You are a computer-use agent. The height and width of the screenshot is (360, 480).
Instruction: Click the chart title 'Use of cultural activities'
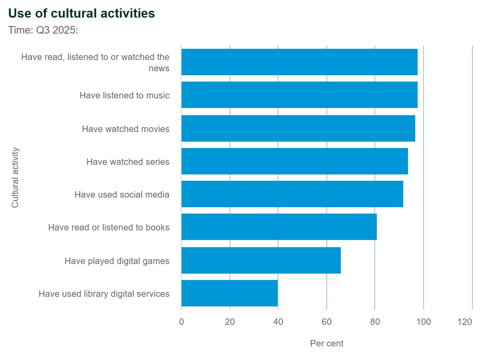tap(82, 14)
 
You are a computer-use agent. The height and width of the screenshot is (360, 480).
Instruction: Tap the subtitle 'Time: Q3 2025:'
tap(43, 30)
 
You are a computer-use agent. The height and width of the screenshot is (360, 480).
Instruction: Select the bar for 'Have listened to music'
tap(299, 95)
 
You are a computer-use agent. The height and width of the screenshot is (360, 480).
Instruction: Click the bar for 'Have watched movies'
tap(298, 128)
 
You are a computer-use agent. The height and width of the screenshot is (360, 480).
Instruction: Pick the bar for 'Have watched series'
tap(294, 161)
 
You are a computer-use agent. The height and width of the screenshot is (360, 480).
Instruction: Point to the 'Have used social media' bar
tap(292, 194)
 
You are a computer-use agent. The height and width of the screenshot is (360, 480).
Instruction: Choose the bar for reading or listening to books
tap(279, 227)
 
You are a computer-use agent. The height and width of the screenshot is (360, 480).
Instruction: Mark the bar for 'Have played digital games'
tap(261, 260)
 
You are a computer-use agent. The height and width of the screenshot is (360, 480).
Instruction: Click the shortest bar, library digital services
tap(230, 293)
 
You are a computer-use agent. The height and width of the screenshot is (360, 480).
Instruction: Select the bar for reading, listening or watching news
tap(299, 62)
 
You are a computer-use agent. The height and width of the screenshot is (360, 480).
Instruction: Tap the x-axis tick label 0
tap(182, 322)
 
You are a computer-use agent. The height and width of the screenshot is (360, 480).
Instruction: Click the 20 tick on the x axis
tap(230, 322)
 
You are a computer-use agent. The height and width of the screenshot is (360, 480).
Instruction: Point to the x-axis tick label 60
tap(327, 322)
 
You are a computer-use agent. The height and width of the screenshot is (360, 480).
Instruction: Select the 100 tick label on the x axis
tap(424, 322)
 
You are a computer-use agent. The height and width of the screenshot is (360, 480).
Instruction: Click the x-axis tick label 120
tap(465, 322)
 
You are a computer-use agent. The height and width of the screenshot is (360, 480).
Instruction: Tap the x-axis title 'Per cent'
tap(327, 343)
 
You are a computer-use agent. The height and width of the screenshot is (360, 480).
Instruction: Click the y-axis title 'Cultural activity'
tap(15, 178)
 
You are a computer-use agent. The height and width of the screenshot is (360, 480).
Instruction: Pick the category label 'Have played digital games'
tap(117, 261)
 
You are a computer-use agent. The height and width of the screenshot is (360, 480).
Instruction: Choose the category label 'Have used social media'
tap(122, 195)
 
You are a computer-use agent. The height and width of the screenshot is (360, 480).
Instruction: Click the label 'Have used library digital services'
tap(104, 294)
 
